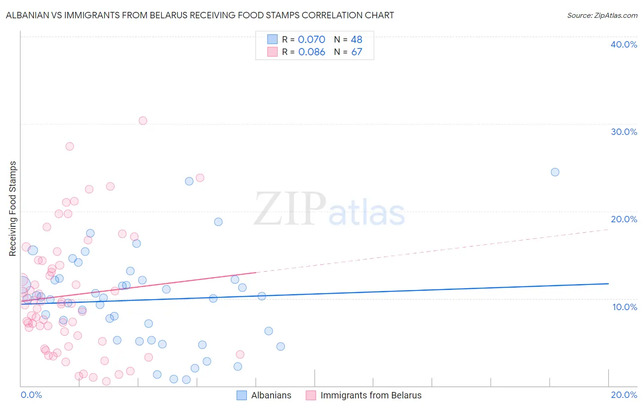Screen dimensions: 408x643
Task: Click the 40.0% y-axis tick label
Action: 623,44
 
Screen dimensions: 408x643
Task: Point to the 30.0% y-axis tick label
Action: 623,132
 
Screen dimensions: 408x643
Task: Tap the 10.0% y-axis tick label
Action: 624,307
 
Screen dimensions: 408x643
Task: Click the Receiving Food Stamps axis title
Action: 13,209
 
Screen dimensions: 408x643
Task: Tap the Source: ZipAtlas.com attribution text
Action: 602,16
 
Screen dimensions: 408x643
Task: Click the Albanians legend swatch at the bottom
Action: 242,395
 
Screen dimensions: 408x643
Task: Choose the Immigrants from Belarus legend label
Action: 371,395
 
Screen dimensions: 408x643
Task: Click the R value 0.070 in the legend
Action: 311,40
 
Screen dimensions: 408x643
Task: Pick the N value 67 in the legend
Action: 357,52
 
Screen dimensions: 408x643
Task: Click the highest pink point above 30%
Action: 143,121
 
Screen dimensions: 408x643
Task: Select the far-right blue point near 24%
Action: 555,172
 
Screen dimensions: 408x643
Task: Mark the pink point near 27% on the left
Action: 70,146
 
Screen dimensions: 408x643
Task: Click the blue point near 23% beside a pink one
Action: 189,181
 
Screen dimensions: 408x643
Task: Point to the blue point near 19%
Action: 218,222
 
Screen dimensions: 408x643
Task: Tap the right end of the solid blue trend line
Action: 608,284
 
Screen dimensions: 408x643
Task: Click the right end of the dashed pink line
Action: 608,230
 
